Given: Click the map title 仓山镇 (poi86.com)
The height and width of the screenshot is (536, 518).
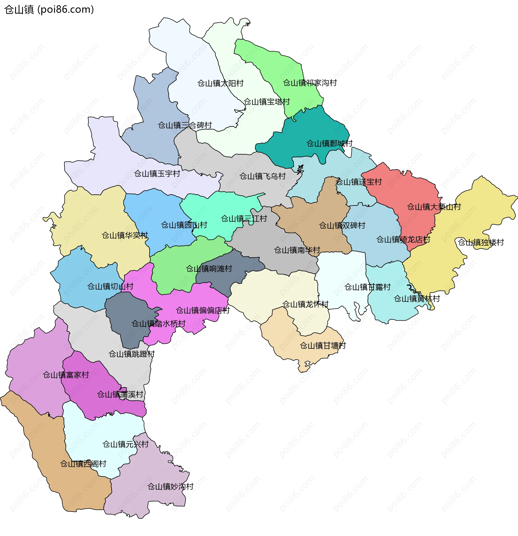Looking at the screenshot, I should (x=49, y=9).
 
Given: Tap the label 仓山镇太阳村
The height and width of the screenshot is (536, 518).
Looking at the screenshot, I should (x=220, y=83).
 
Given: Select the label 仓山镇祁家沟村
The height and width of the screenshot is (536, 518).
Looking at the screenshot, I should (x=310, y=83).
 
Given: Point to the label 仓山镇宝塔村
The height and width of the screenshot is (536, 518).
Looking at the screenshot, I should (x=267, y=102).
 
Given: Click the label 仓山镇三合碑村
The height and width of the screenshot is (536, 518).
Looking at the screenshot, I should (x=185, y=125).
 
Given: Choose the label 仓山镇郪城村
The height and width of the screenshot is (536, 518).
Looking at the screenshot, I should (x=329, y=143).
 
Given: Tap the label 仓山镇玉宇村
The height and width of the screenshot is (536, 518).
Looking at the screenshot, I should (x=157, y=173).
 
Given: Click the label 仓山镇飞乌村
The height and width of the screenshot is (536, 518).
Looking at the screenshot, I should (x=263, y=176).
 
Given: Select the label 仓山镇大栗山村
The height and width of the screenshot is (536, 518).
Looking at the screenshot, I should (x=434, y=207).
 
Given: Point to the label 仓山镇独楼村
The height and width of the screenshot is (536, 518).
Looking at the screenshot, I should (x=481, y=242).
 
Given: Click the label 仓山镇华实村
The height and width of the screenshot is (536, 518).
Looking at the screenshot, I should (x=125, y=235).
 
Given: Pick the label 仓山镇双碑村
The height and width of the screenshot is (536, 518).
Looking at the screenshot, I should (x=342, y=225).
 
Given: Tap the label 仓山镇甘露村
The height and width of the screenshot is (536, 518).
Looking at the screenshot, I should (x=367, y=287).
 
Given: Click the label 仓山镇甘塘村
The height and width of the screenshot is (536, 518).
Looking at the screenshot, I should (x=323, y=346).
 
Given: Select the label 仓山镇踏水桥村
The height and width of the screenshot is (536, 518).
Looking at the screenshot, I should (x=158, y=324).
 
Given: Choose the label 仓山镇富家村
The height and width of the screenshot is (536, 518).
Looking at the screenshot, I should (x=66, y=375).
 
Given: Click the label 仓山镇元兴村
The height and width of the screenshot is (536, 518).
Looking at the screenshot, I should (x=125, y=444).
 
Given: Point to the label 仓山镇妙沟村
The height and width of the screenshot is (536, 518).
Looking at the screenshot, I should (x=170, y=487).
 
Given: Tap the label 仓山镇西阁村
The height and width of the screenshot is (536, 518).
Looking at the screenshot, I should (x=83, y=464).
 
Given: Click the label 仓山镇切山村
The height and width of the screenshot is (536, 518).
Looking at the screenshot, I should (x=110, y=286).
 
